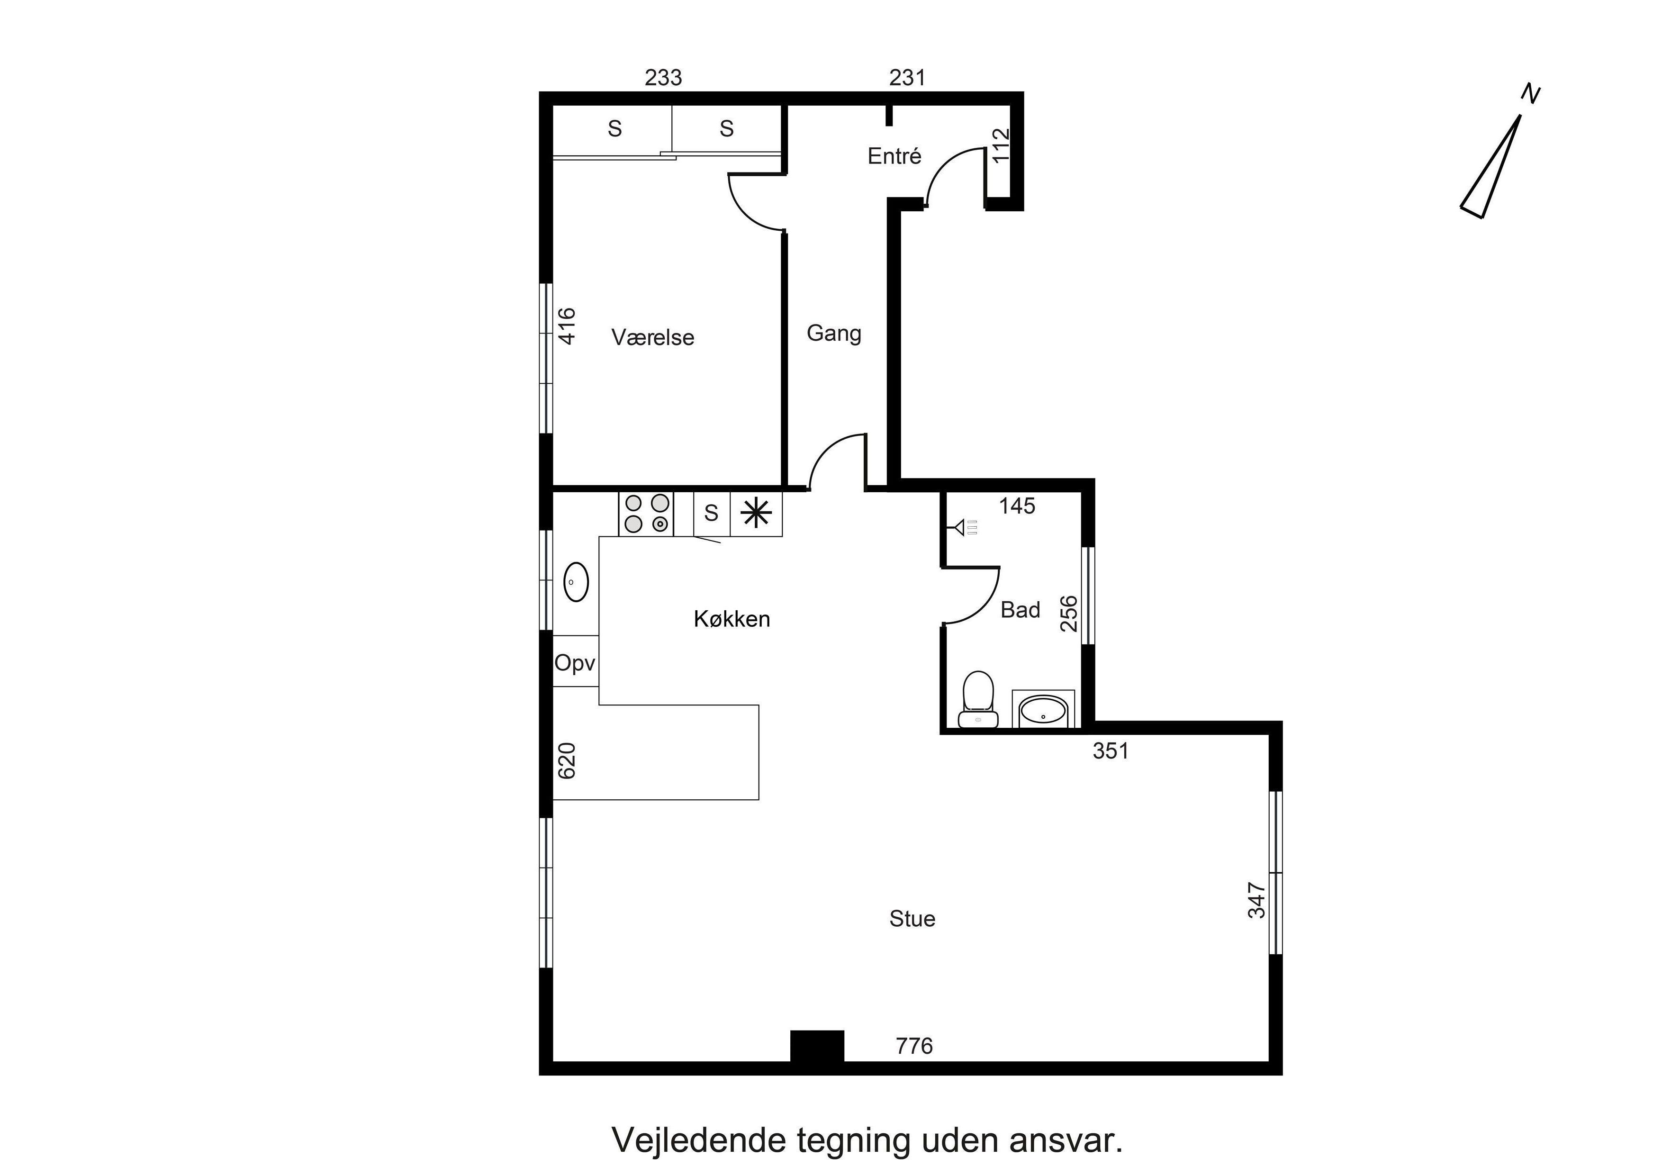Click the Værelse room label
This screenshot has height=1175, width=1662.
pos(652,337)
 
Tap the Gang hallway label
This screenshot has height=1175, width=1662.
pos(834,334)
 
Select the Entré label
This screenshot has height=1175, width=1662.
pos(894,156)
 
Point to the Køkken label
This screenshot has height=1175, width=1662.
pos(732,619)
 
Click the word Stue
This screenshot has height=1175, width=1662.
pos(912,919)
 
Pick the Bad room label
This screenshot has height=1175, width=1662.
pos(1020,610)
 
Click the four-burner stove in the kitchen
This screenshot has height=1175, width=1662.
pos(646,514)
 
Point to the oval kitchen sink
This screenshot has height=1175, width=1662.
pos(576,582)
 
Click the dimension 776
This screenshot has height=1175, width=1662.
pos(914,1046)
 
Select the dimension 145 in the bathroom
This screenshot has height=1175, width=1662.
pos(1017,506)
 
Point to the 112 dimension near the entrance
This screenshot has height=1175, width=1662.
pos(1001,145)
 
